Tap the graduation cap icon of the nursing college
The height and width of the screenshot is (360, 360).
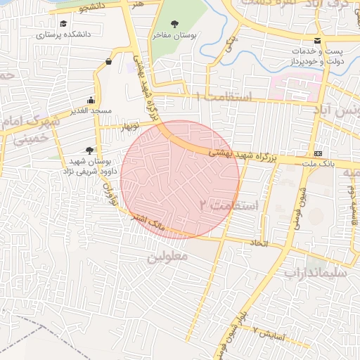pos(64,24)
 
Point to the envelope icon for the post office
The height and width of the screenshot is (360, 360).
pos(318,41)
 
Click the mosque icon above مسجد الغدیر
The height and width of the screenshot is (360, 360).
pos(91,100)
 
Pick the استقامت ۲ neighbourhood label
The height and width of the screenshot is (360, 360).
pos(229,205)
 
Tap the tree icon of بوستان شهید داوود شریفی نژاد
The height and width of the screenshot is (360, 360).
pos(89,150)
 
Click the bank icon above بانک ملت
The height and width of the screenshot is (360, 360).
pos(319,153)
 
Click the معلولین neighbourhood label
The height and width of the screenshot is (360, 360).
pos(168,257)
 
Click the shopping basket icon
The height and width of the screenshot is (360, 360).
pos(108,61)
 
